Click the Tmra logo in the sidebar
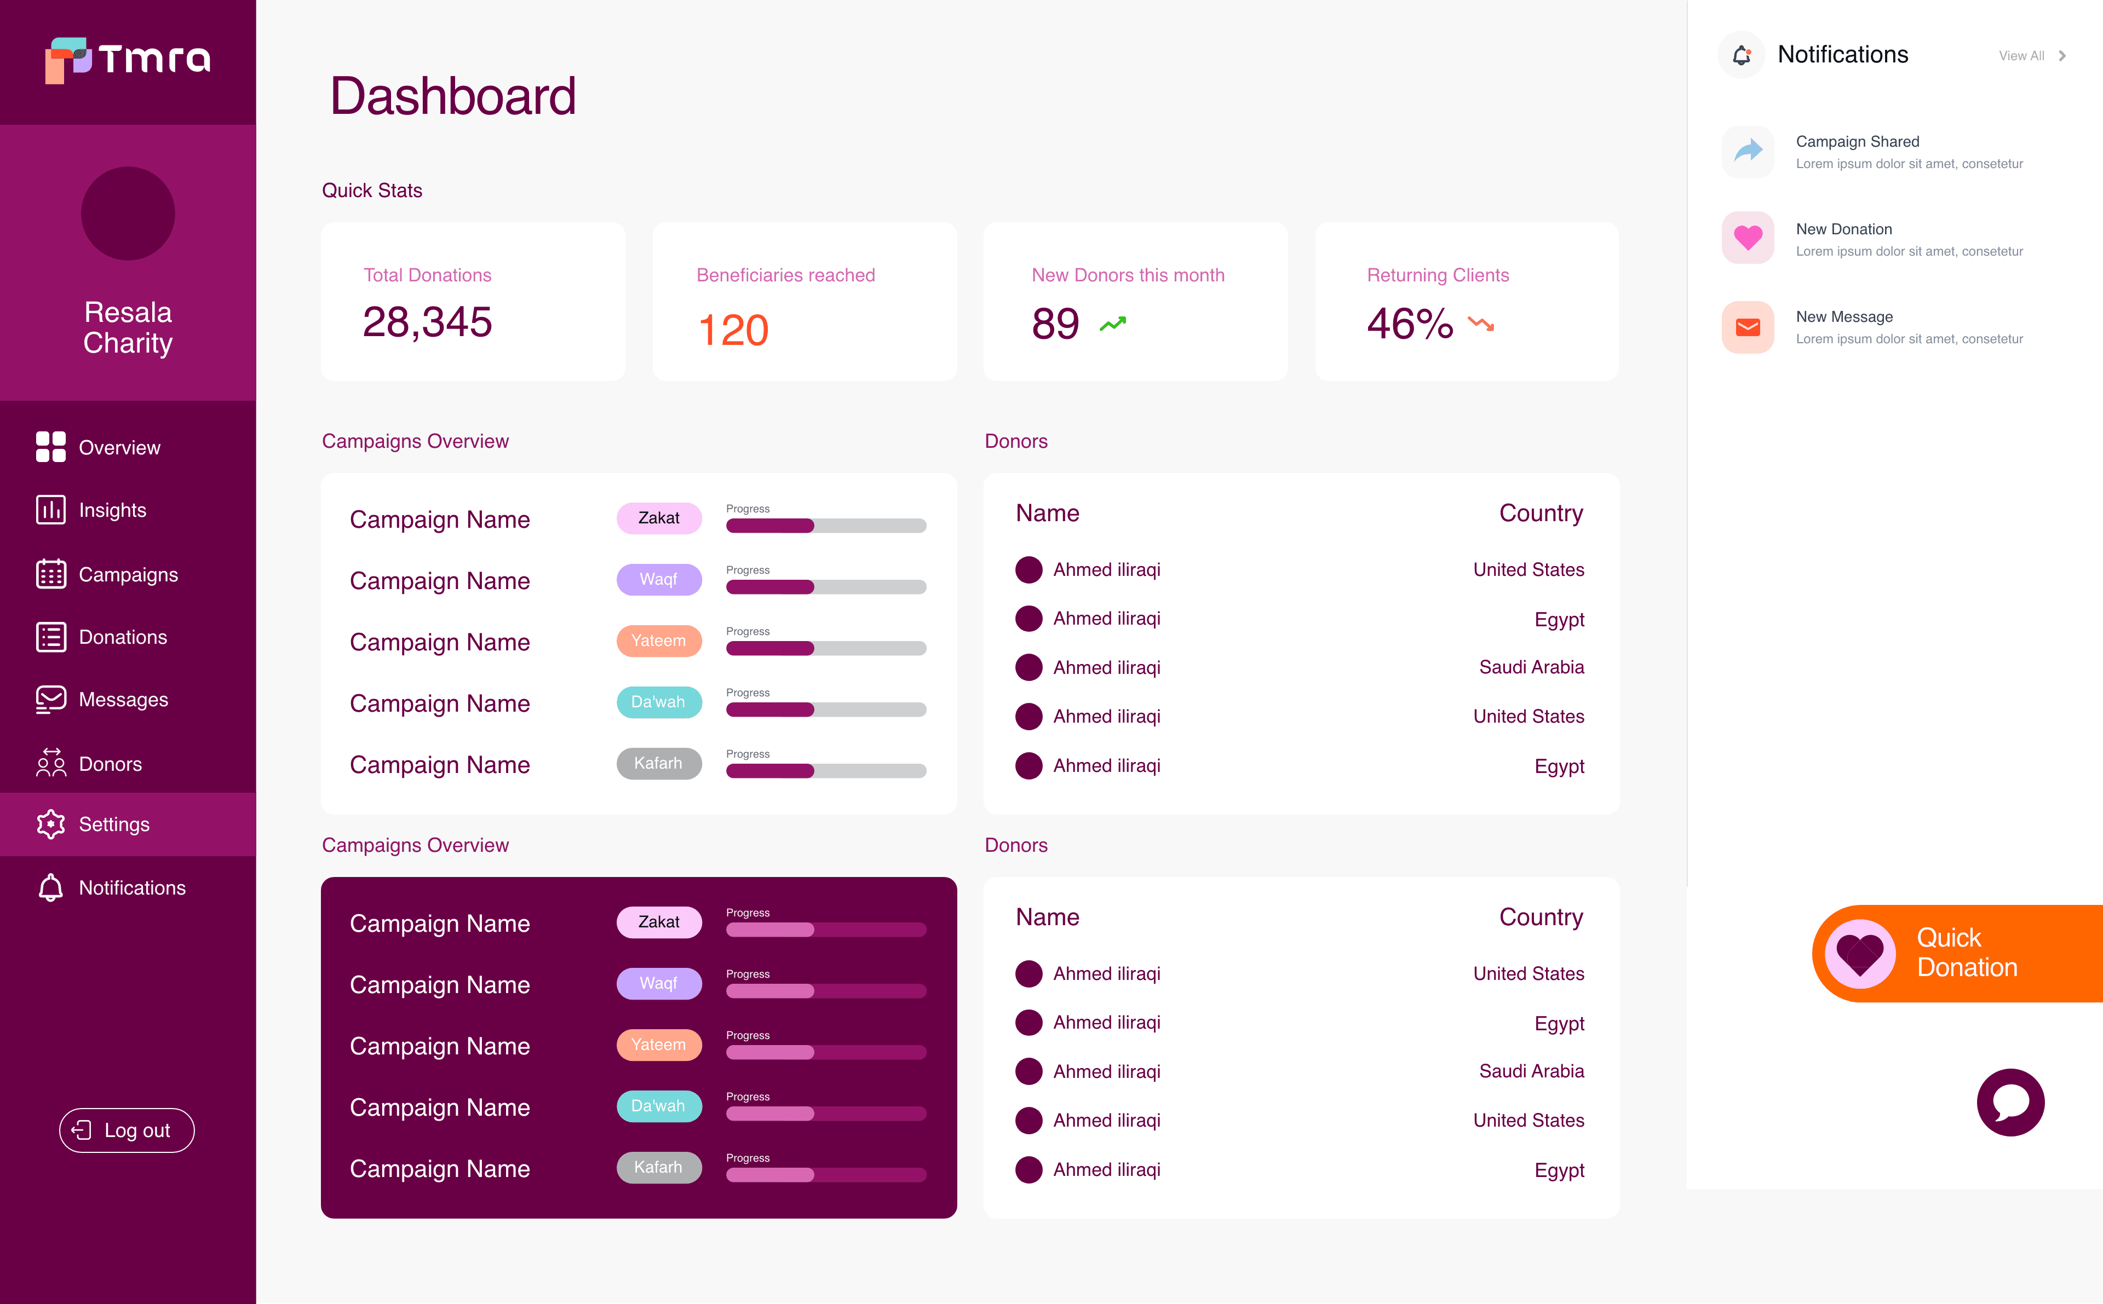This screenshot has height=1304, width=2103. coord(128,59)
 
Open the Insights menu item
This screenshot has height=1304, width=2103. coord(112,511)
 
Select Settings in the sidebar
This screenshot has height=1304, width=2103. coord(114,824)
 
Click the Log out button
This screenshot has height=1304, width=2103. coord(127,1130)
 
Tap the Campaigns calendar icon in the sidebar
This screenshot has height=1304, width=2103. coord(51,574)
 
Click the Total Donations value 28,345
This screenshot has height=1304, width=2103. coord(427,322)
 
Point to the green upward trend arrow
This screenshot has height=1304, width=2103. coord(1113,324)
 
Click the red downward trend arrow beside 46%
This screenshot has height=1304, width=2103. coord(1481,324)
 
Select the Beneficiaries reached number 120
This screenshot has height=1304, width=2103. coord(733,330)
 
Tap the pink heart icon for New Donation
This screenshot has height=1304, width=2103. coord(1748,237)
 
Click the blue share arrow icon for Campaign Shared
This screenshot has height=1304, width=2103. coord(1748,151)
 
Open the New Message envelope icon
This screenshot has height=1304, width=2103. coord(1748,327)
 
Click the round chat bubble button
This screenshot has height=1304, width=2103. coord(2010,1102)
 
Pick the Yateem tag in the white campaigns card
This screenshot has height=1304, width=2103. coord(659,641)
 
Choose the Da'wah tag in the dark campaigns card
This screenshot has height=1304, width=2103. coord(659,1106)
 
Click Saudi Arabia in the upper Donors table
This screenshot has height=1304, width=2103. coord(1531,667)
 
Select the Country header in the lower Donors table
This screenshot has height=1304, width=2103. coord(1541,917)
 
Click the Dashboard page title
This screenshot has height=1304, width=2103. coord(453,96)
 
